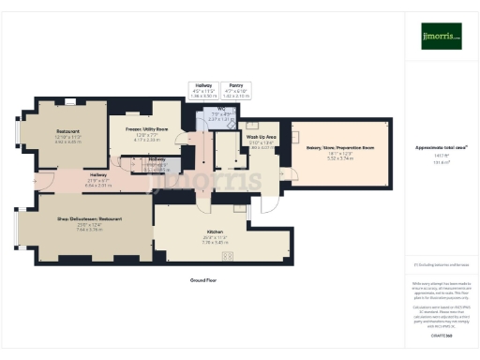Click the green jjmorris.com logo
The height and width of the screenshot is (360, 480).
[441, 38]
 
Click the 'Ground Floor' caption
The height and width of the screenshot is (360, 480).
[202, 279]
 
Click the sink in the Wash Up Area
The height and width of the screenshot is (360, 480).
[250, 126]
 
